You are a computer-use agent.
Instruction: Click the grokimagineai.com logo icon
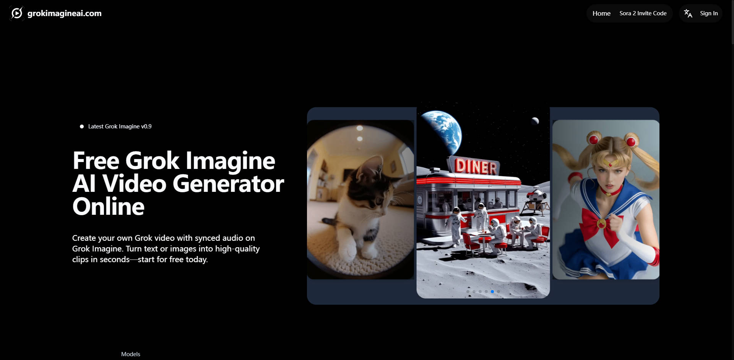(16, 13)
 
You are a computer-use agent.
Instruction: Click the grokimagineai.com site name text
(65, 13)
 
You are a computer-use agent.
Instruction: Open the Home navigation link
(601, 13)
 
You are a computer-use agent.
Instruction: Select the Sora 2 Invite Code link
(643, 13)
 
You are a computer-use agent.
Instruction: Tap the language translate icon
(688, 13)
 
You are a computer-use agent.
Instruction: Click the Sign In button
(709, 13)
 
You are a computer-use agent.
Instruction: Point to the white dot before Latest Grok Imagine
(82, 126)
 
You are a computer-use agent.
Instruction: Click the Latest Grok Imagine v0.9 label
(120, 126)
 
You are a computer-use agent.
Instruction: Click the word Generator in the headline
(228, 184)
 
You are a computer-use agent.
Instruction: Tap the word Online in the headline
(109, 207)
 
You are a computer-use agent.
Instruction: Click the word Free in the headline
(96, 161)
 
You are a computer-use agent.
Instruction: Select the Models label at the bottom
(131, 354)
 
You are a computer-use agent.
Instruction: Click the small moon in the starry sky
(535, 121)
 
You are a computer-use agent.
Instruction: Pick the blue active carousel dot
(492, 292)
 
